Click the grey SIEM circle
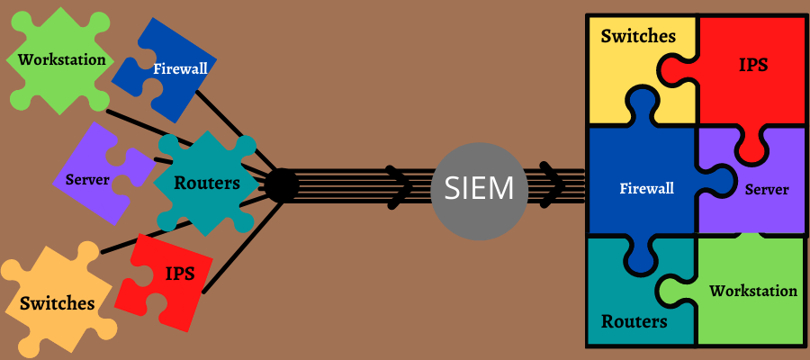[x=472, y=188]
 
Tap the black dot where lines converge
[x=281, y=185]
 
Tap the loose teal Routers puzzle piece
[x=205, y=183]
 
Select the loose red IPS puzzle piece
[x=171, y=272]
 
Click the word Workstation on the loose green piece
[x=61, y=60]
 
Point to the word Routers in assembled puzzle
[x=634, y=321]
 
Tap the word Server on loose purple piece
[x=87, y=179]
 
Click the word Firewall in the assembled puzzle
[x=647, y=189]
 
